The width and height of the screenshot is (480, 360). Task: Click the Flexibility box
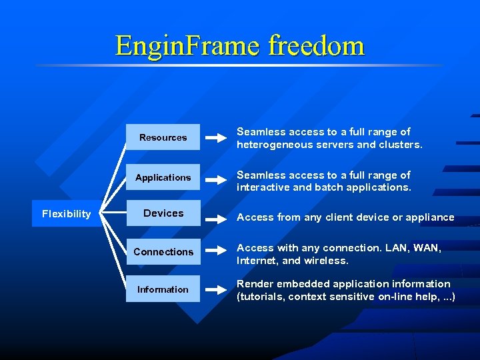point(66,213)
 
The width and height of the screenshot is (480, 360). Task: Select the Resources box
point(163,137)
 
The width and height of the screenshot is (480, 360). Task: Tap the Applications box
point(163,177)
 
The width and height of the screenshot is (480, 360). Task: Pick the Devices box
point(163,213)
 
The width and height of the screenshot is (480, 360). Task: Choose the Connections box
point(163,251)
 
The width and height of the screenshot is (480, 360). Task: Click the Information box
point(163,289)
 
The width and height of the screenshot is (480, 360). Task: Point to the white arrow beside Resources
point(216,138)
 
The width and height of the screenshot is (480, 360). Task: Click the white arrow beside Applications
point(216,178)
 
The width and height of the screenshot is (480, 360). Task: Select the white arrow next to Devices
point(216,217)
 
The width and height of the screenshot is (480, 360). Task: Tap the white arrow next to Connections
point(216,252)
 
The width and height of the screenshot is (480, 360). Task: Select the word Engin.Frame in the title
point(187,45)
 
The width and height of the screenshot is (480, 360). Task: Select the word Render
point(254,284)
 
